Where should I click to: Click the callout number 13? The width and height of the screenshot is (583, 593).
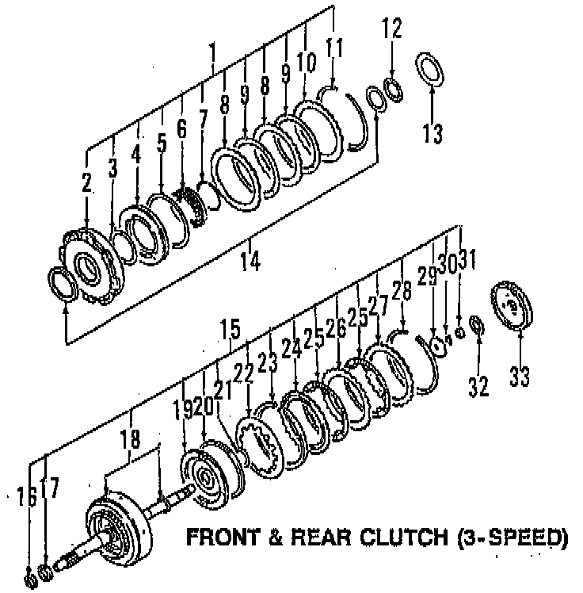pyautogui.click(x=432, y=132)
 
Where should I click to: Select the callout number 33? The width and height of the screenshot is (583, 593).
pyautogui.click(x=520, y=376)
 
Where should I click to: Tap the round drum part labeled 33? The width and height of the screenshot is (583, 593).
pyautogui.click(x=514, y=306)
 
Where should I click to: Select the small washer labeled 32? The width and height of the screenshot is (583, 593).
pyautogui.click(x=476, y=325)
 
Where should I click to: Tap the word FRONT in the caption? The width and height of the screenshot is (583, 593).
pyautogui.click(x=222, y=538)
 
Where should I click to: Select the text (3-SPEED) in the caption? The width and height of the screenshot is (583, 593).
pyautogui.click(x=513, y=538)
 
